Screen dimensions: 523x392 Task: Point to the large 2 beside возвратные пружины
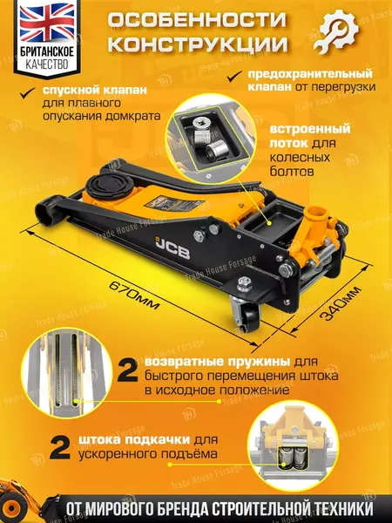tap(128, 372)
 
